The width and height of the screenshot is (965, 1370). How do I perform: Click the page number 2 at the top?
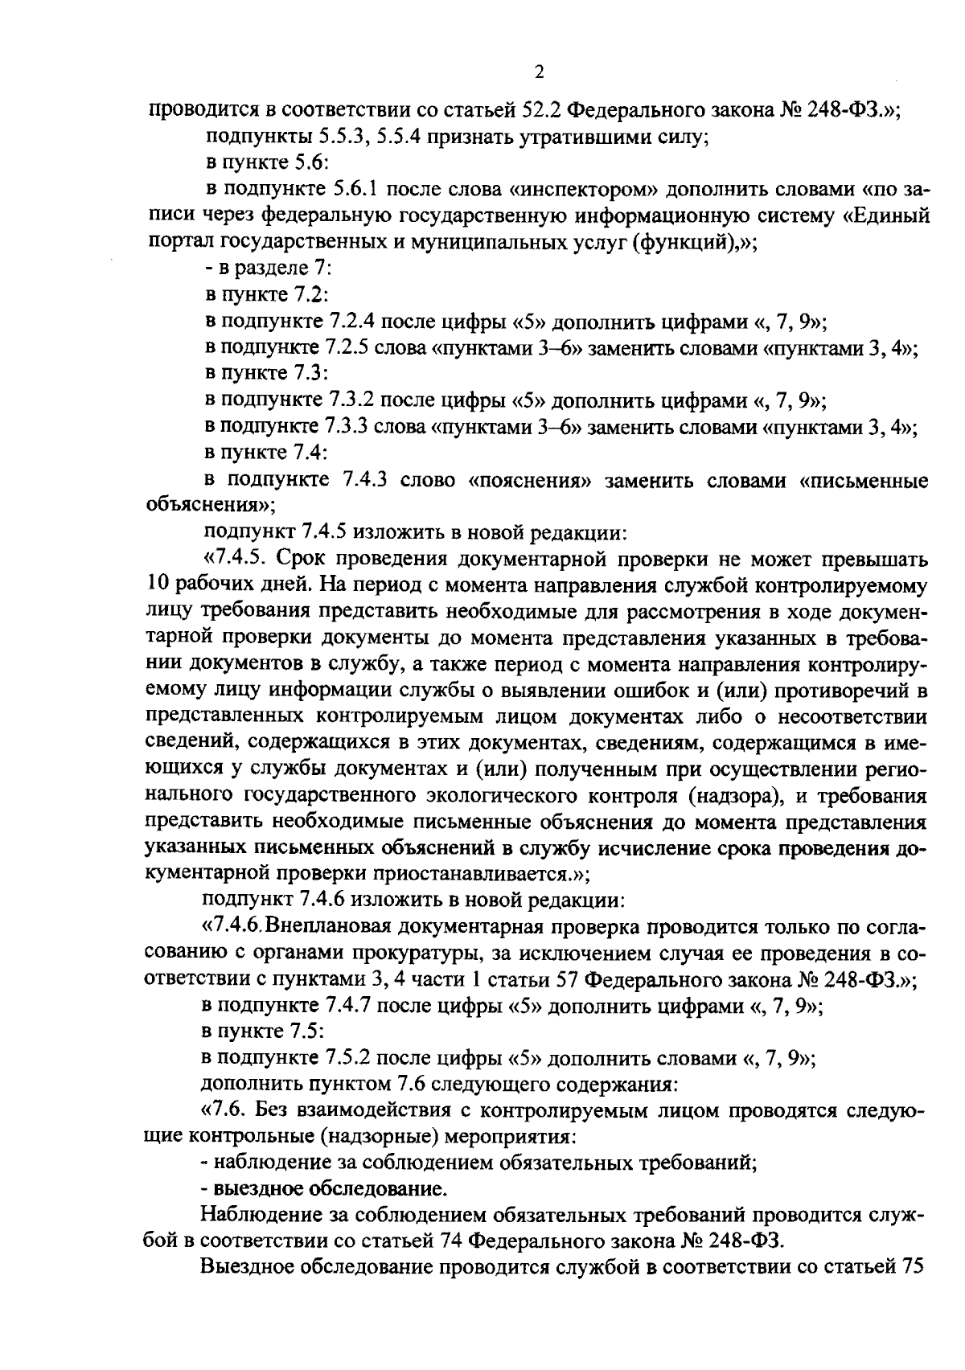click(539, 72)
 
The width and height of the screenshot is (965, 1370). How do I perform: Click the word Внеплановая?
click(319, 927)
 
